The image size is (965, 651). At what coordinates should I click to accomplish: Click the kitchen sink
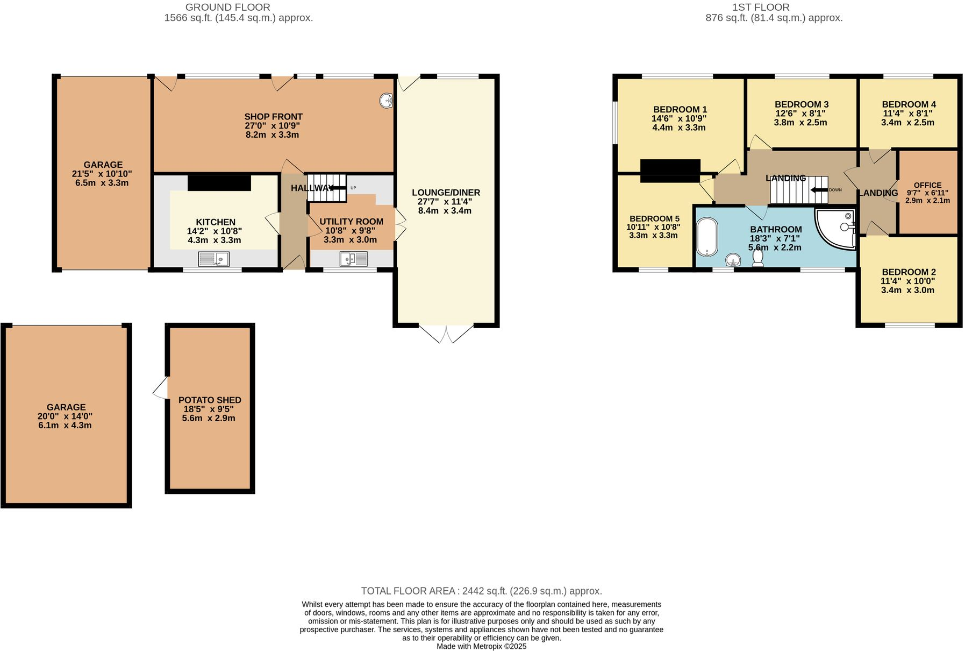(213, 259)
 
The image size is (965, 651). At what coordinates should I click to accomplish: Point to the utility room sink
(353, 260)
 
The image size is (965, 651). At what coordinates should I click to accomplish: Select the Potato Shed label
(210, 400)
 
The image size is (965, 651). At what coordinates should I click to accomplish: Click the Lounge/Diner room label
(446, 193)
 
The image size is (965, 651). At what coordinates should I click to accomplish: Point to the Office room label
(927, 185)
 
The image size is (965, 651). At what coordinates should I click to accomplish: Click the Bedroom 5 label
(654, 218)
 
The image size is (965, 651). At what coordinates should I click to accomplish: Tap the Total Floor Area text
(481, 591)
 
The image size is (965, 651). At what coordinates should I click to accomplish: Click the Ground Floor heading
(227, 7)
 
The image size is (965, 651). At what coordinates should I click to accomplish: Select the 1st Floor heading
(760, 7)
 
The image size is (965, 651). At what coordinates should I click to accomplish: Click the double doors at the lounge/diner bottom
(446, 334)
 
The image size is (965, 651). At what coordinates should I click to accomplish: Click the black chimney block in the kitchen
(219, 183)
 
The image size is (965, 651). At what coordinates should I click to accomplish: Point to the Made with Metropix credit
(481, 646)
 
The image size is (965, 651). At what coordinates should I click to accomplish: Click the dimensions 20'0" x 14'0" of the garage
(66, 416)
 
